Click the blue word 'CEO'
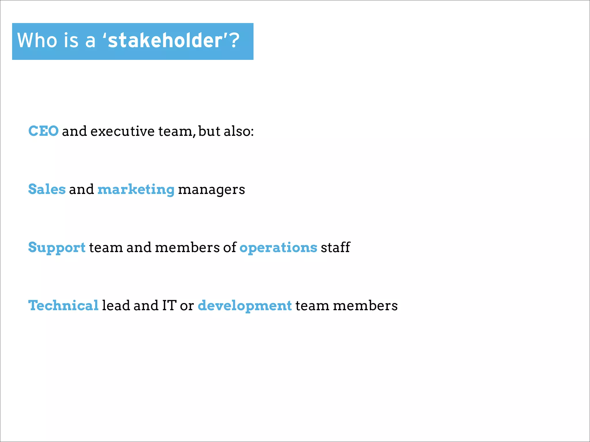click(x=44, y=131)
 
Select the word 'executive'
click(x=122, y=131)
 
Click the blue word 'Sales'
click(x=47, y=189)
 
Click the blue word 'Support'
click(x=57, y=248)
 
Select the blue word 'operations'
click(x=278, y=248)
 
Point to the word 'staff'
click(x=335, y=247)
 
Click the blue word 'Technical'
click(x=63, y=305)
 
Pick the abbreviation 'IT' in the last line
click(x=169, y=305)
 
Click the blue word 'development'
click(x=245, y=306)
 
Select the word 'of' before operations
click(x=230, y=247)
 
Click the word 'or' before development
click(x=187, y=306)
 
